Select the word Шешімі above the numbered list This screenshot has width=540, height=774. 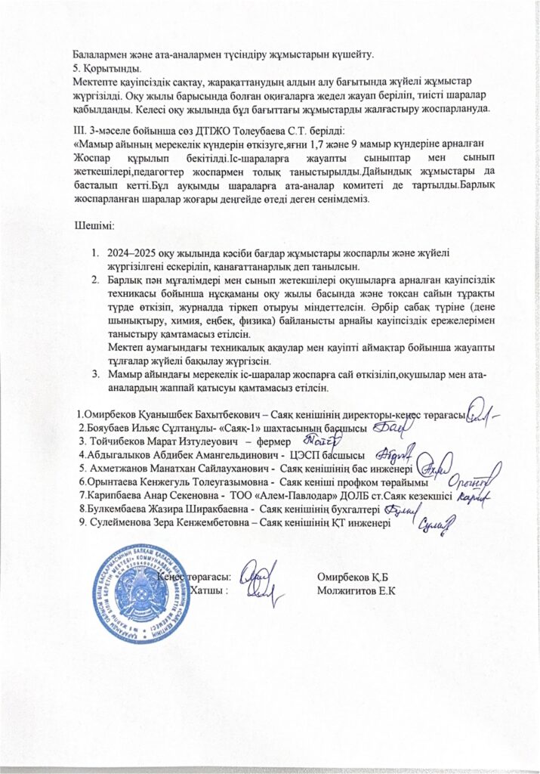(x=94, y=226)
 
